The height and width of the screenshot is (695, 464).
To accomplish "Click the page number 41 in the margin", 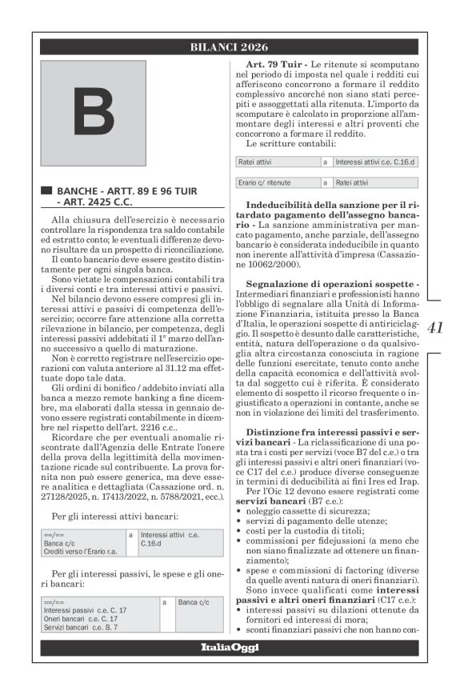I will [x=435, y=327].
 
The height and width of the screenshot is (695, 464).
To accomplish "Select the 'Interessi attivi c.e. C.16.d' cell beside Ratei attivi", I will [x=375, y=162].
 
